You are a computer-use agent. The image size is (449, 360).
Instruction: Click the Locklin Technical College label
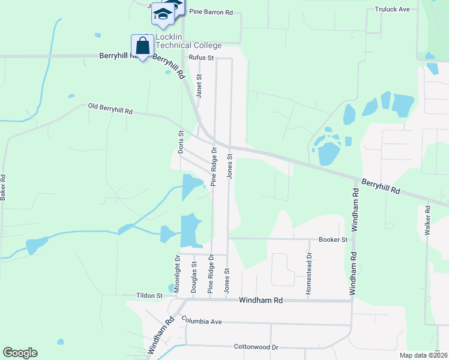point(188,41)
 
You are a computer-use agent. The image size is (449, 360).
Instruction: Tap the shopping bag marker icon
point(142,46)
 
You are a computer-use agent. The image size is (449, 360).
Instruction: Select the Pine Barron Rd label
point(210,11)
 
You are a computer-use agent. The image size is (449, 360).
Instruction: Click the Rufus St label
point(201,58)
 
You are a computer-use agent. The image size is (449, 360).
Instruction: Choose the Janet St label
point(199,86)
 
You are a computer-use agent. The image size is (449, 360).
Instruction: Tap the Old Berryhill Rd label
point(110,108)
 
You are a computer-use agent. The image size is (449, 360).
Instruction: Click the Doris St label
point(180,141)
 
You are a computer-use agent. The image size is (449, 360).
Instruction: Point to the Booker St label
point(333,239)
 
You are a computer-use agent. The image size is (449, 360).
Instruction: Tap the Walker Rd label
point(428,220)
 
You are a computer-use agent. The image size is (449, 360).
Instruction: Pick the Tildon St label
point(149,296)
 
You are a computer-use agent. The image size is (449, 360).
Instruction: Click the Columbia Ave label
point(202,322)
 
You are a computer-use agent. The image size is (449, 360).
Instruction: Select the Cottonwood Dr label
point(256,347)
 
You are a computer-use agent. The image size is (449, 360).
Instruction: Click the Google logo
point(20,353)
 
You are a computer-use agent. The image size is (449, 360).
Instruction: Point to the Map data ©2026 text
point(423,355)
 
